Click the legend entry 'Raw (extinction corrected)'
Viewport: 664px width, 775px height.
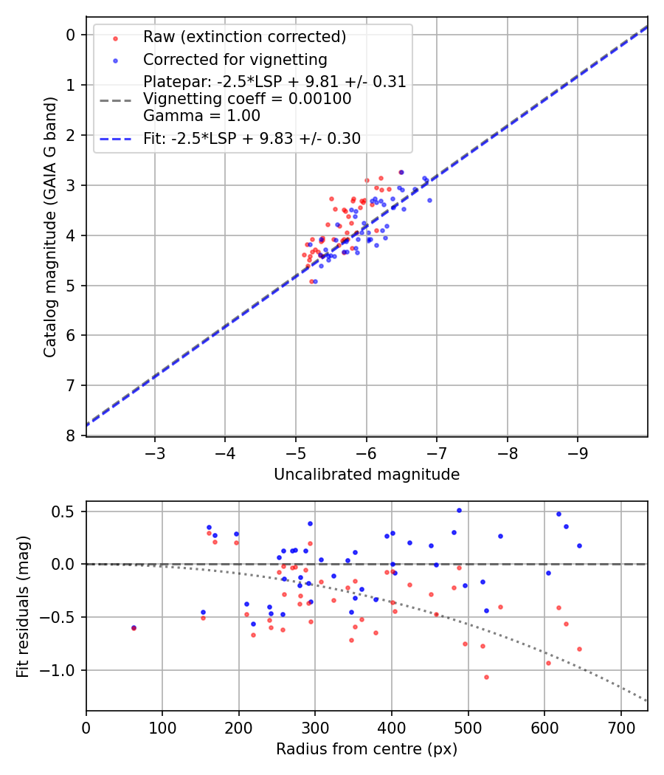(x=244, y=37)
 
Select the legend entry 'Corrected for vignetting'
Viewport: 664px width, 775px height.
(x=235, y=59)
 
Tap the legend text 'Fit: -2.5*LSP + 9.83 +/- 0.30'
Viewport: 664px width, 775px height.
(x=252, y=138)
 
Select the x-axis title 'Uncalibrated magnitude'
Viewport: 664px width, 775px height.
(x=367, y=475)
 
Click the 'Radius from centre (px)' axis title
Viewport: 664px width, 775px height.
(x=367, y=749)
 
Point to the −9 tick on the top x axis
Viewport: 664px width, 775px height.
(x=578, y=451)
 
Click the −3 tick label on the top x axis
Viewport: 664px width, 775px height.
(x=154, y=451)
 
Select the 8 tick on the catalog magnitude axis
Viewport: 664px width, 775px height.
(x=71, y=435)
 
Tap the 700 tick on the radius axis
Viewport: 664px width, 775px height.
(x=620, y=726)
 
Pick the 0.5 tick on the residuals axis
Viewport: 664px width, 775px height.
(x=67, y=512)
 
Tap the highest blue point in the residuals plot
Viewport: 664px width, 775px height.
(x=459, y=510)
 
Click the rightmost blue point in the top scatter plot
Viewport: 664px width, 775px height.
(x=429, y=200)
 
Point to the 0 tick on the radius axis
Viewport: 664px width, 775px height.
(x=86, y=726)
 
